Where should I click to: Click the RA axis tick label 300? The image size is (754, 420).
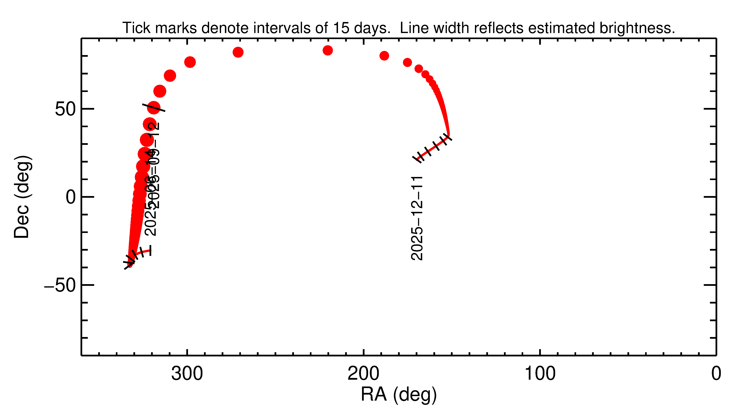187,374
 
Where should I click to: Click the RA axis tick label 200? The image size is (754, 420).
363,374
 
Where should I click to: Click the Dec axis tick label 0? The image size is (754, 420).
71,197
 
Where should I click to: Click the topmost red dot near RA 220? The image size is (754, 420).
328,50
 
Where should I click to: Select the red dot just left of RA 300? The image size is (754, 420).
190,62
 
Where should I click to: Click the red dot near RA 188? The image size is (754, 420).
384,56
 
